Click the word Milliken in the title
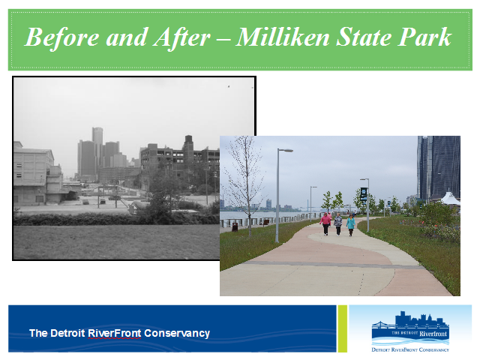[283, 37]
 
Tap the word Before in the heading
[61, 37]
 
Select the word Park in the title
[424, 37]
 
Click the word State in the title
[363, 37]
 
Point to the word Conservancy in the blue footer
[177, 333]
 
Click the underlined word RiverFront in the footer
[115, 333]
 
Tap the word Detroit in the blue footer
[67, 333]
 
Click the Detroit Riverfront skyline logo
[410, 331]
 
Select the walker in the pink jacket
[325, 223]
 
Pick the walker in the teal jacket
[351, 225]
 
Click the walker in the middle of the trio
[338, 224]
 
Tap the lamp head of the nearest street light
[286, 150]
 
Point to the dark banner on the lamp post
[363, 194]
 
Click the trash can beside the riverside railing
[235, 226]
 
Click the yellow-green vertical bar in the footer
[343, 328]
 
